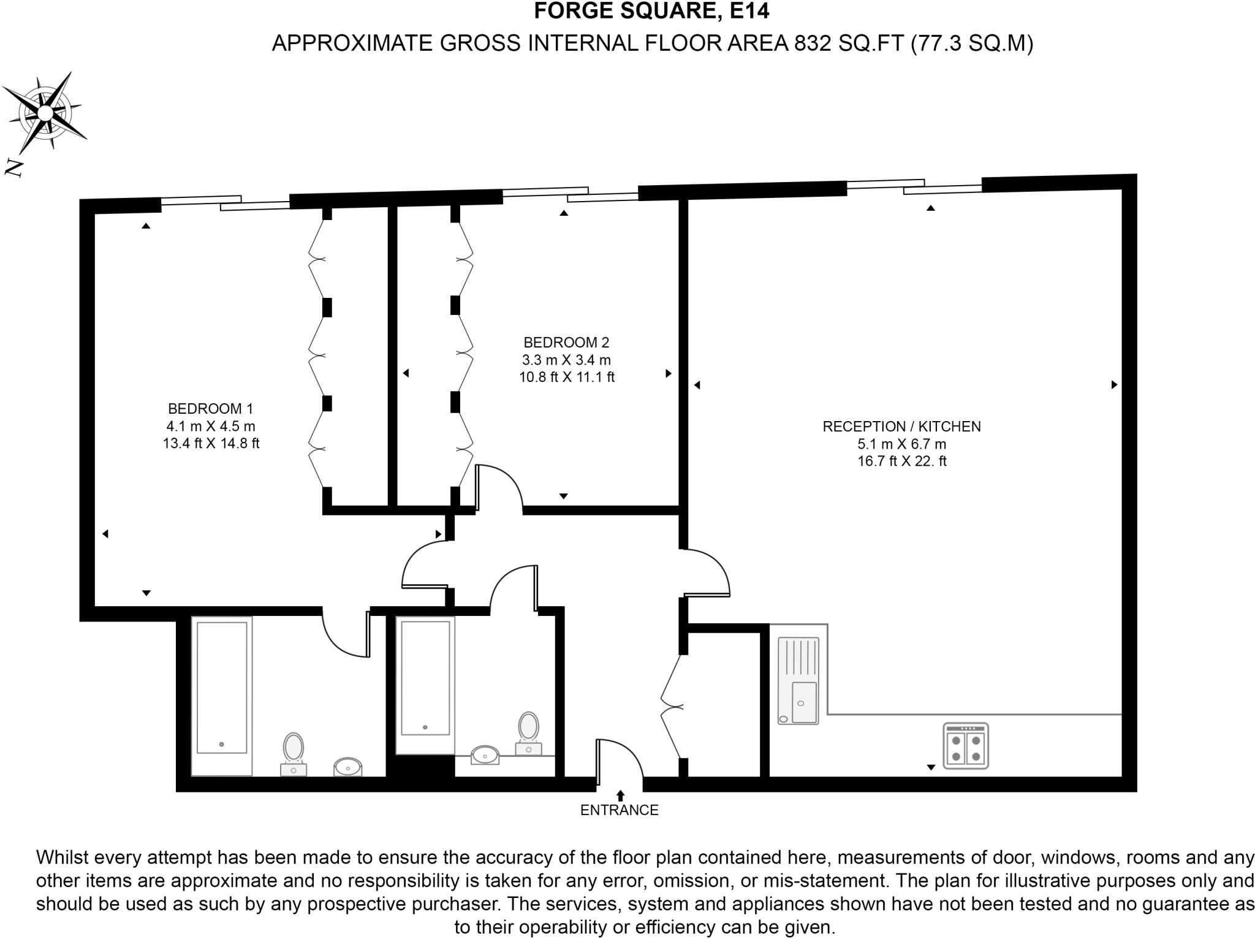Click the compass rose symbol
point(45,113)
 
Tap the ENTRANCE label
point(619,810)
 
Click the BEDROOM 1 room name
point(210,408)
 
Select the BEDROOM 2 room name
point(566,343)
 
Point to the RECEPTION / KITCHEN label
point(901,427)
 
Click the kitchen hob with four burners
point(966,746)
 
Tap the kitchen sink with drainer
point(798,680)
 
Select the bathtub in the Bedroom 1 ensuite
point(221,696)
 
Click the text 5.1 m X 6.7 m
point(901,444)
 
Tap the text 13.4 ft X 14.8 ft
point(210,443)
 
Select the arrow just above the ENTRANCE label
point(620,796)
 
